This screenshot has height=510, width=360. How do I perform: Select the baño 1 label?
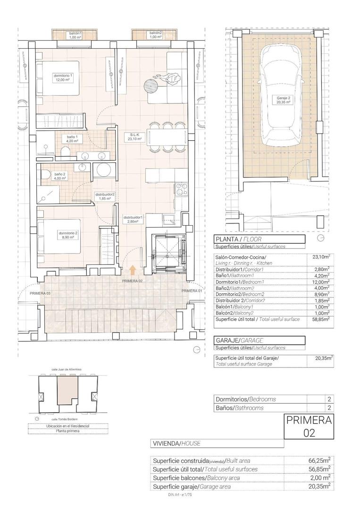click(72, 139)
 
